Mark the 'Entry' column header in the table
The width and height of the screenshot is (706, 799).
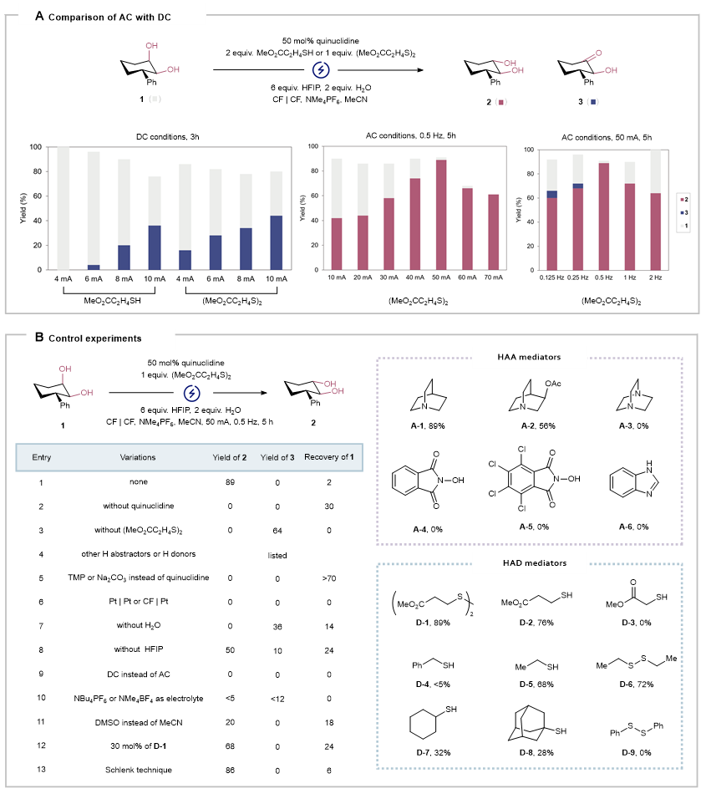(42, 457)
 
